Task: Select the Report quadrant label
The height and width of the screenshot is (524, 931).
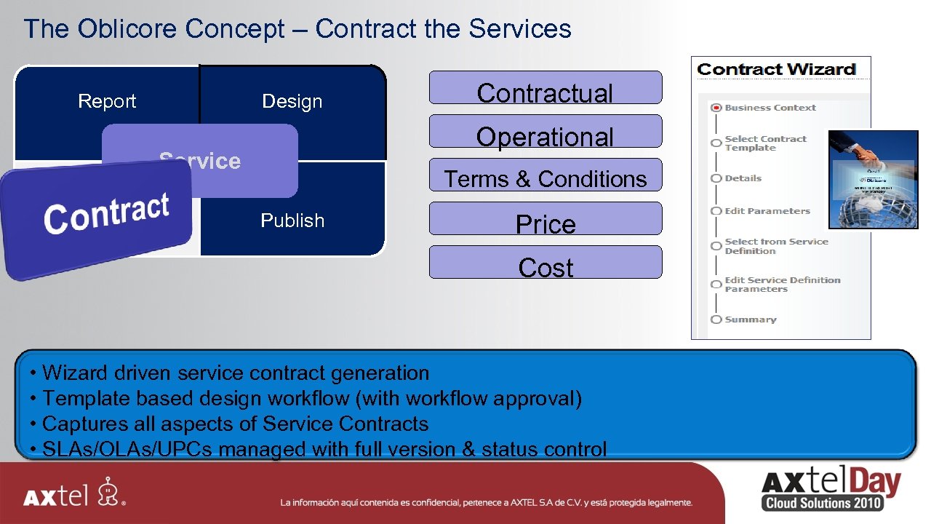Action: click(x=107, y=101)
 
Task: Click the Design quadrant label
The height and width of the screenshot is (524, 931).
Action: click(x=292, y=102)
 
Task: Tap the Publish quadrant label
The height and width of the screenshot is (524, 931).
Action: click(x=292, y=221)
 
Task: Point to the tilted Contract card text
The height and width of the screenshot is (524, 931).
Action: click(x=106, y=213)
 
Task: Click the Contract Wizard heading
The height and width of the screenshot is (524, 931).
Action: click(x=776, y=70)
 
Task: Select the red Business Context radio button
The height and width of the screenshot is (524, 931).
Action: click(x=716, y=108)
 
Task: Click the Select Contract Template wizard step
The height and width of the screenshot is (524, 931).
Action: click(x=765, y=143)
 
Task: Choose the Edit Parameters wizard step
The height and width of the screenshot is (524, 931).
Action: click(x=767, y=211)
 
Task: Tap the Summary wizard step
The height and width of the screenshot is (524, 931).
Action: click(x=750, y=319)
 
